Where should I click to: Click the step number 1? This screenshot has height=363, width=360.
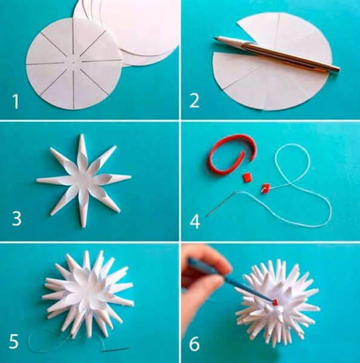coord(16,102)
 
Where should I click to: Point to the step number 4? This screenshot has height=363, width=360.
coord(195,221)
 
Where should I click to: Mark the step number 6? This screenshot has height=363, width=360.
coord(194,344)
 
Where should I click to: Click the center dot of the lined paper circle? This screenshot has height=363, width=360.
coord(73,62)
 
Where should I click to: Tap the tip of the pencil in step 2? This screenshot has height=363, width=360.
coord(214,38)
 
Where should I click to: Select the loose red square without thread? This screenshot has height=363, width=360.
coord(247,178)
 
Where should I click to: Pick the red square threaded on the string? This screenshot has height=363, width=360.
coord(266,188)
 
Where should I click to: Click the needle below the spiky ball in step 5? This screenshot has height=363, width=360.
coord(115,349)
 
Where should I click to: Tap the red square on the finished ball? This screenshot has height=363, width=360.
coord(275,302)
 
